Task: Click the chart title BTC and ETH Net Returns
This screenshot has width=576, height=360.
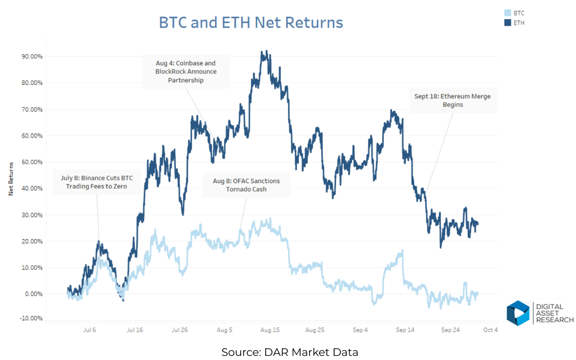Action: (x=251, y=23)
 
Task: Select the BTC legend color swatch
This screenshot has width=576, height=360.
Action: (x=508, y=13)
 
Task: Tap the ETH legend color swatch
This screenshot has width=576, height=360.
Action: (x=508, y=23)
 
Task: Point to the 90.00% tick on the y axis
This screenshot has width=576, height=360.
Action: (x=32, y=57)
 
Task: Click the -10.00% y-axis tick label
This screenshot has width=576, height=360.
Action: (x=31, y=318)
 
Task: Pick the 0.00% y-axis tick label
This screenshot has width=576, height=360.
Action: (x=34, y=294)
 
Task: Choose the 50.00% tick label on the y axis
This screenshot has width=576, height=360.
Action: (x=32, y=162)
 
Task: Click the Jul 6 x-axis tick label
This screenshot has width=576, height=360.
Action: (x=89, y=330)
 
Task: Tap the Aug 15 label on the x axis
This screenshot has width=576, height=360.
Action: (x=270, y=330)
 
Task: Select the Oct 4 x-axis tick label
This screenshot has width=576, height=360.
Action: (x=490, y=330)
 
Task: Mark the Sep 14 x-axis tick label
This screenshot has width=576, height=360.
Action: (x=405, y=330)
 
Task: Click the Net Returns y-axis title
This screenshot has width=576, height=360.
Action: (x=11, y=179)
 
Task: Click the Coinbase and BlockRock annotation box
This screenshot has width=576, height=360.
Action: (x=186, y=72)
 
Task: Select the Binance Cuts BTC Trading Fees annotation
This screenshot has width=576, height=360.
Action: (x=97, y=182)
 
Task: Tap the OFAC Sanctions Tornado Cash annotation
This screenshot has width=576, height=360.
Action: (x=246, y=185)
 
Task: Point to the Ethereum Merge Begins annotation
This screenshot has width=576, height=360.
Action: (x=452, y=100)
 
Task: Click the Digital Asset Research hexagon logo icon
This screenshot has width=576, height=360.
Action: (x=518, y=313)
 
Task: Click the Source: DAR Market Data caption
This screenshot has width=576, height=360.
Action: (x=290, y=352)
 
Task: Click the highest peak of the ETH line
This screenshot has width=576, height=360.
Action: (x=266, y=52)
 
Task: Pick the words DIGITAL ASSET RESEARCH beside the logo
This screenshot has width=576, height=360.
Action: (x=555, y=313)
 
